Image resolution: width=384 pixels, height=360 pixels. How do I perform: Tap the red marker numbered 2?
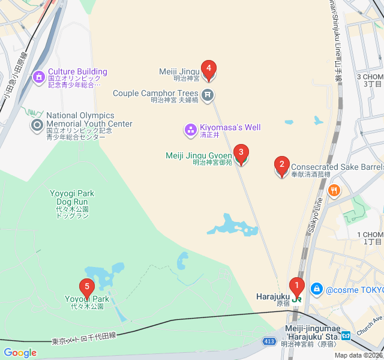tap(281, 164)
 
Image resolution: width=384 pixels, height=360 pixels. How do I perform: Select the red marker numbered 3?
tap(241, 153)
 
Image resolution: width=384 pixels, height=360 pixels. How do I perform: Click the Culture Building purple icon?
tap(39, 76)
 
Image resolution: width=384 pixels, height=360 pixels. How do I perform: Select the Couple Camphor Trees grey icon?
tap(208, 94)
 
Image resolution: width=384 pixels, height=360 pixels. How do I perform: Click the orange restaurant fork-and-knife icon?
tap(334, 191)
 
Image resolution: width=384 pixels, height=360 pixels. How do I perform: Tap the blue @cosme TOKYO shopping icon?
tap(317, 289)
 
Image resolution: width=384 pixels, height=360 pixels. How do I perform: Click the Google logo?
tap(20, 352)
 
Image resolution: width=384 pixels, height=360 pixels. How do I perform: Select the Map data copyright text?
tap(358, 355)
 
